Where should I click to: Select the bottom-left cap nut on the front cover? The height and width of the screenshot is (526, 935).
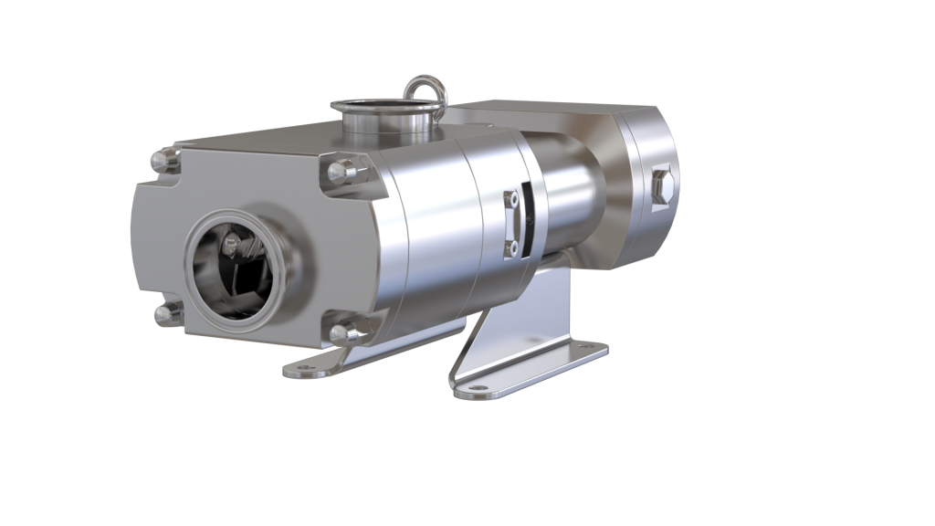tap(166, 315)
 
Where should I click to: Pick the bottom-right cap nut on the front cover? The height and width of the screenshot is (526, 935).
tap(344, 334)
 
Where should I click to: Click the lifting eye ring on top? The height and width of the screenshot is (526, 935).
tap(425, 94)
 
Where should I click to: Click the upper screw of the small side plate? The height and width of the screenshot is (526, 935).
tap(514, 195)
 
